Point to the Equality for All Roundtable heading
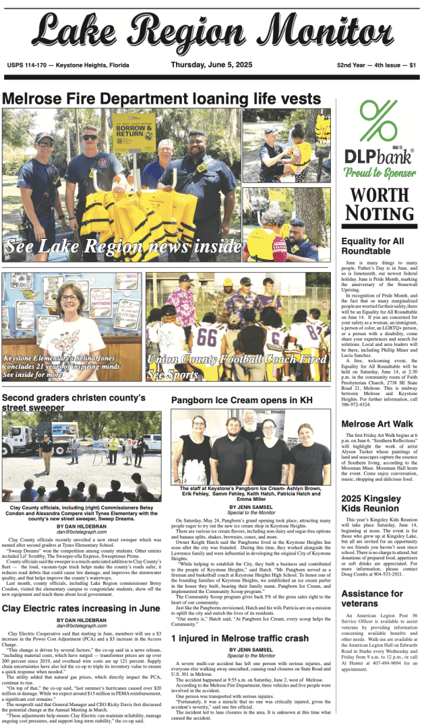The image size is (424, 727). tap(373, 246)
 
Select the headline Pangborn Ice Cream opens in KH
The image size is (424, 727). tap(241, 400)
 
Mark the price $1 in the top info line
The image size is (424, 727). tap(412, 65)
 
